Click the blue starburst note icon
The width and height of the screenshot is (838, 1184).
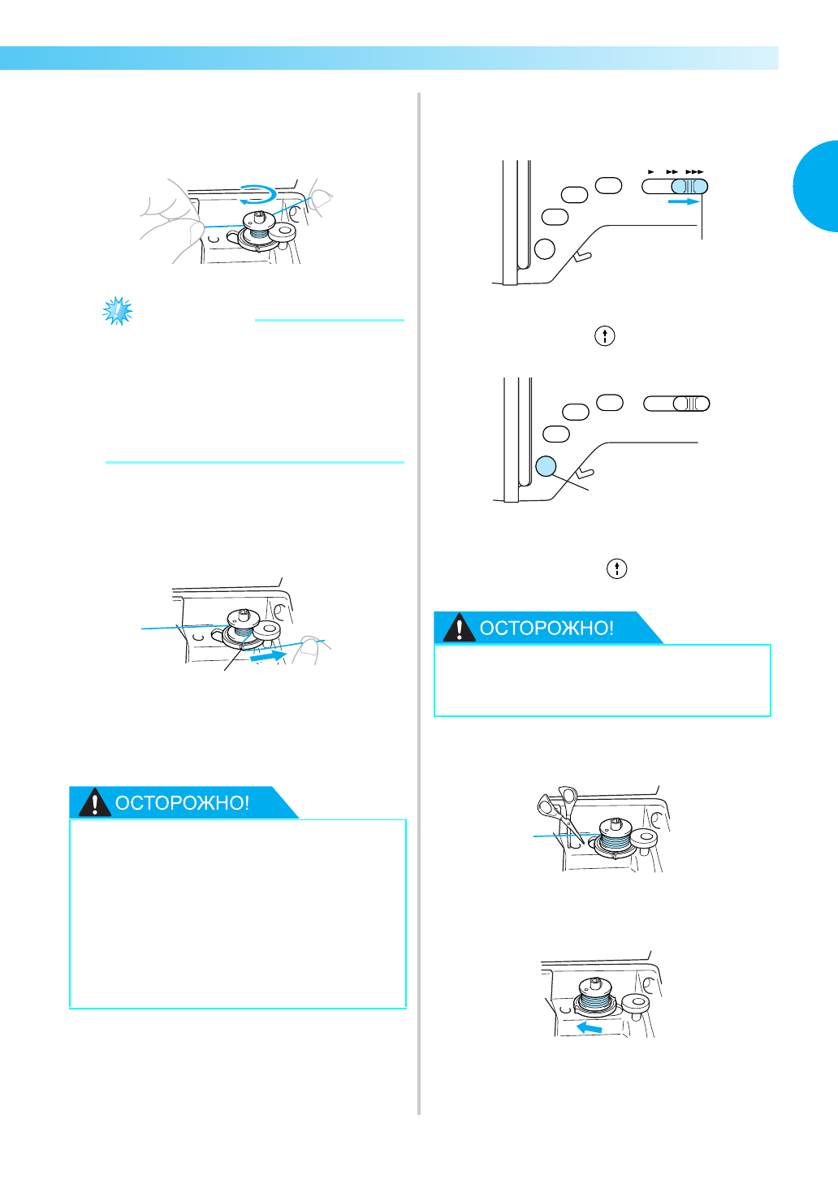pos(117,311)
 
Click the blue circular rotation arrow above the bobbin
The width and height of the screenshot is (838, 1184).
pos(257,194)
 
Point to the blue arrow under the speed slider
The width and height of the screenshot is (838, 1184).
pos(684,201)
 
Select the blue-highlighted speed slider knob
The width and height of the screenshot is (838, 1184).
pos(689,186)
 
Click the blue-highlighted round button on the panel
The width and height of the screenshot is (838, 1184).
pos(546,466)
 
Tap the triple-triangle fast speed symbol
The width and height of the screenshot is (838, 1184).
pos(694,172)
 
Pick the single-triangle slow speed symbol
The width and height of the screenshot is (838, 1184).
pos(651,172)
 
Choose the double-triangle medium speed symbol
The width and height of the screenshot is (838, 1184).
pos(672,172)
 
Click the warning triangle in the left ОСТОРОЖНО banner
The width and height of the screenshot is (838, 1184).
pos(94,802)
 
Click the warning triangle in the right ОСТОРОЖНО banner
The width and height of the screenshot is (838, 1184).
pos(459,628)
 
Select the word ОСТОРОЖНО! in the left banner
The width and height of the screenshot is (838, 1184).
pos(182,803)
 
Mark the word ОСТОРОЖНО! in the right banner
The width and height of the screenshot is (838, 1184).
pos(546,628)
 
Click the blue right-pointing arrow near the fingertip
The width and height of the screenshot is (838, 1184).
pos(268,656)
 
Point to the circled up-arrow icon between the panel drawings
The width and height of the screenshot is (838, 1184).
pos(605,336)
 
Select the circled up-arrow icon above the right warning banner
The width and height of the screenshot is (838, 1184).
pos(616,568)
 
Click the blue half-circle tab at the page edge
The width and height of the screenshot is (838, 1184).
pos(815,186)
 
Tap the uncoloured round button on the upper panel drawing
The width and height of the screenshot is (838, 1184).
pos(545,249)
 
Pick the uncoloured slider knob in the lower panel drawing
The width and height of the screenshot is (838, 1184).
pos(692,404)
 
